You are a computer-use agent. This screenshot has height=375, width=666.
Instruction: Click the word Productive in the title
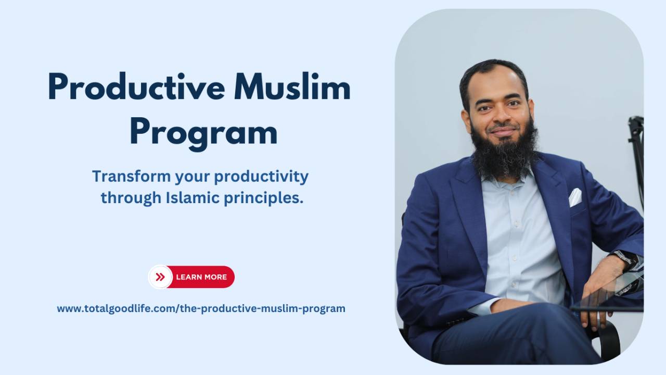pyautogui.click(x=136, y=88)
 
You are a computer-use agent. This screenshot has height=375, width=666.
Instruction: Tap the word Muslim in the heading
pyautogui.click(x=291, y=88)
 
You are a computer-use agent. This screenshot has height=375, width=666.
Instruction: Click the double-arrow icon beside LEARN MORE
pyautogui.click(x=160, y=277)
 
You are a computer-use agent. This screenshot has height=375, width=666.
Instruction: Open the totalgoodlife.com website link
pyautogui.click(x=201, y=308)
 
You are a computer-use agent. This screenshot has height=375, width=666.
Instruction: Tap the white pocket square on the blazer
pyautogui.click(x=575, y=197)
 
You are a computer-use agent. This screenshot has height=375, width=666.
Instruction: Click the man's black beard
pyautogui.click(x=503, y=151)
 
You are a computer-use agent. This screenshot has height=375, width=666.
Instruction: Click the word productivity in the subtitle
pyautogui.click(x=261, y=177)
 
